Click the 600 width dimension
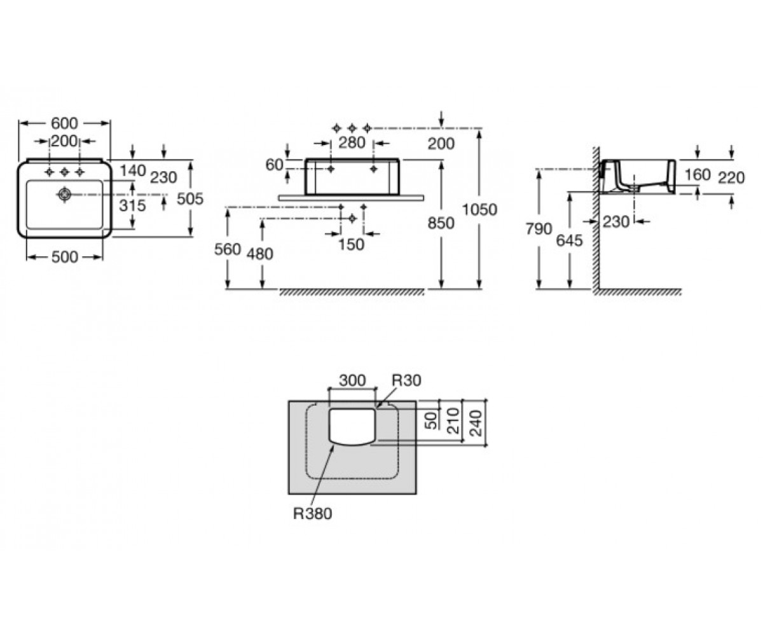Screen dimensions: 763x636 pyautogui.click(x=64, y=123)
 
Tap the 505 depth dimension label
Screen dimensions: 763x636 pyautogui.click(x=190, y=199)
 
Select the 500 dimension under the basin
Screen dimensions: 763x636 pyautogui.click(x=65, y=258)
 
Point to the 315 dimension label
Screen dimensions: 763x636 pyautogui.click(x=132, y=205)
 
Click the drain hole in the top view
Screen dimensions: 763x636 pyautogui.click(x=64, y=195)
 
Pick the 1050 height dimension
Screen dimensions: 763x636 pyautogui.click(x=480, y=210)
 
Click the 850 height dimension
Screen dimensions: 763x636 pyautogui.click(x=441, y=223)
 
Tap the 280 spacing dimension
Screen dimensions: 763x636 pyautogui.click(x=352, y=142)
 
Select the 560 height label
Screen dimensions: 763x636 pyautogui.click(x=228, y=249)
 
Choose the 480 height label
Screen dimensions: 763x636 pyautogui.click(x=260, y=254)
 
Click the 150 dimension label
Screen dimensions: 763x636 pyautogui.click(x=351, y=244)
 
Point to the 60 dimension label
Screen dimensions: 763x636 pyautogui.click(x=274, y=165)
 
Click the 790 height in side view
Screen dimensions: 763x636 pyautogui.click(x=539, y=229)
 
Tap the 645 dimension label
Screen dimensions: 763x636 pyautogui.click(x=569, y=240)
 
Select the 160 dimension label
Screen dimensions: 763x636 pyautogui.click(x=698, y=175)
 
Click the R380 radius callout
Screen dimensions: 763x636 pyautogui.click(x=313, y=514)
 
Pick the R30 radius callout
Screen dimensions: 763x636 pyautogui.click(x=407, y=380)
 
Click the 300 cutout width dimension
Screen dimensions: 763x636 pyautogui.click(x=352, y=380)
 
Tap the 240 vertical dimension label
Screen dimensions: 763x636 pyautogui.click(x=476, y=423)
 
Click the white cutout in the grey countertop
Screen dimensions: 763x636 pyautogui.click(x=353, y=427)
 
